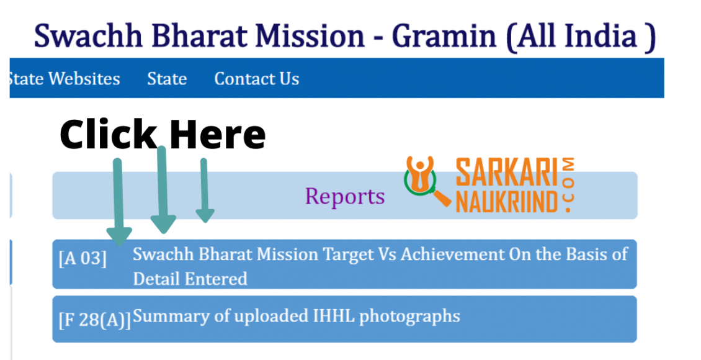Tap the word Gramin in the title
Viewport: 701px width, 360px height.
444,37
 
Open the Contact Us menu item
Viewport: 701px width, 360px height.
257,79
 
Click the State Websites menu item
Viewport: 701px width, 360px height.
64,79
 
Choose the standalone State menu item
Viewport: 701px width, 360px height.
167,79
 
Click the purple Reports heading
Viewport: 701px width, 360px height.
345,196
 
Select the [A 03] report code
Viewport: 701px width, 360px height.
83,258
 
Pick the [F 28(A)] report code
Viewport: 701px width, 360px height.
95,320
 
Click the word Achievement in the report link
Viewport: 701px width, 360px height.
452,254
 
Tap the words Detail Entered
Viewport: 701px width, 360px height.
190,279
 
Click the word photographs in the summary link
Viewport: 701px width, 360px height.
409,317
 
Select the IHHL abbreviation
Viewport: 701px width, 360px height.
332,316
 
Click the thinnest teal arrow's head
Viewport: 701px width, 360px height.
205,215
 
